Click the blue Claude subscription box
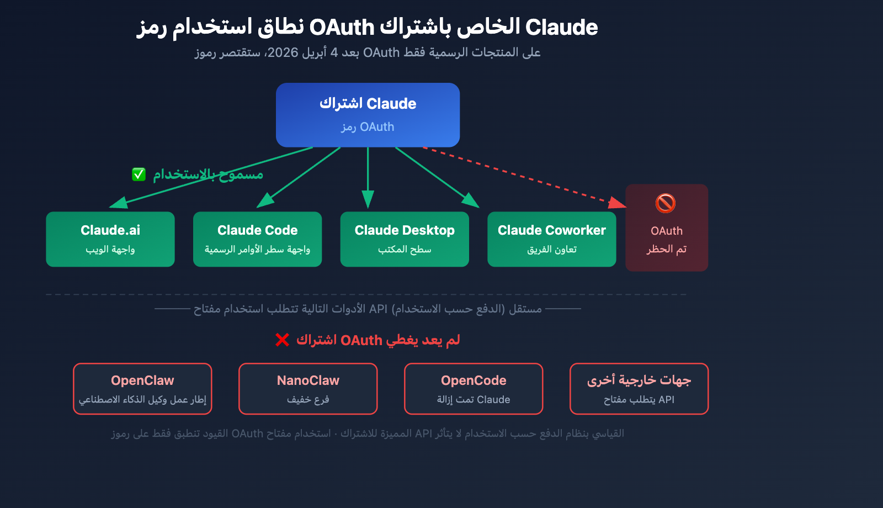[x=368, y=115]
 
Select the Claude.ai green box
[x=110, y=239]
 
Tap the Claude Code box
[x=257, y=239]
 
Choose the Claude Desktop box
[x=405, y=239]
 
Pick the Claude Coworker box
[x=552, y=239]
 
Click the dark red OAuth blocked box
[x=667, y=227]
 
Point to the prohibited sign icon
[x=666, y=203]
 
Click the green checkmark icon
[x=139, y=174]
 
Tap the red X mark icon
[x=282, y=340]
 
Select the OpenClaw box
[x=142, y=389]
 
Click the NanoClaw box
[x=308, y=389]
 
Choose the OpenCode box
[x=474, y=389]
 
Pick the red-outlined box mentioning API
[x=639, y=389]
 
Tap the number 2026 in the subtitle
[x=283, y=52]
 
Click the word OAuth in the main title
[x=342, y=27]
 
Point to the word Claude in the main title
[x=561, y=27]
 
